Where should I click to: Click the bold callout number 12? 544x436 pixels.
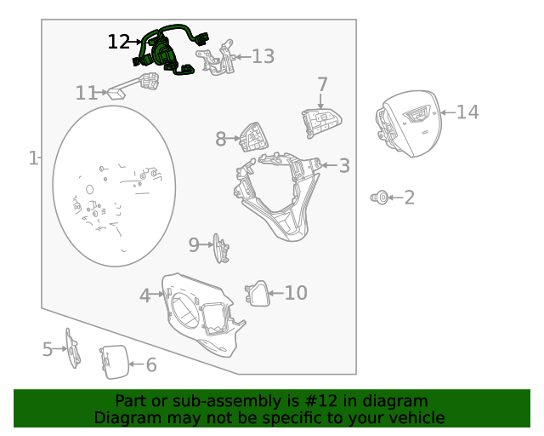click(x=119, y=42)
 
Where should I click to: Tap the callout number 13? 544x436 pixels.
click(x=263, y=56)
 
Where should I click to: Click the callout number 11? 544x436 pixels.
click(x=87, y=93)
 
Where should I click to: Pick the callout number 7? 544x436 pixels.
click(x=322, y=84)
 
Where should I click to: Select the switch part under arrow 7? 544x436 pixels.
click(x=321, y=123)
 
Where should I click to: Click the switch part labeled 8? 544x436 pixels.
click(x=253, y=137)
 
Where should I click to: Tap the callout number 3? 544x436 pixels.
click(x=344, y=165)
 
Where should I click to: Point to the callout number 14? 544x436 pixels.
click(x=467, y=112)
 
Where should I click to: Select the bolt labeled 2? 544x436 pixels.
click(x=380, y=198)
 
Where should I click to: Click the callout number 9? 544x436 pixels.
click(x=194, y=244)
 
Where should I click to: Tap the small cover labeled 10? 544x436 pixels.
click(x=258, y=294)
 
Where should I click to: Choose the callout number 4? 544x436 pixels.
click(x=145, y=295)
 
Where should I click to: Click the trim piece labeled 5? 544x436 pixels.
click(x=73, y=347)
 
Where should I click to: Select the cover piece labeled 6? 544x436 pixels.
click(x=114, y=362)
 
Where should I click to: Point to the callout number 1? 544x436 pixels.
click(x=33, y=158)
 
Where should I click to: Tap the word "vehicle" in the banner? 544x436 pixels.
click(x=419, y=417)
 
